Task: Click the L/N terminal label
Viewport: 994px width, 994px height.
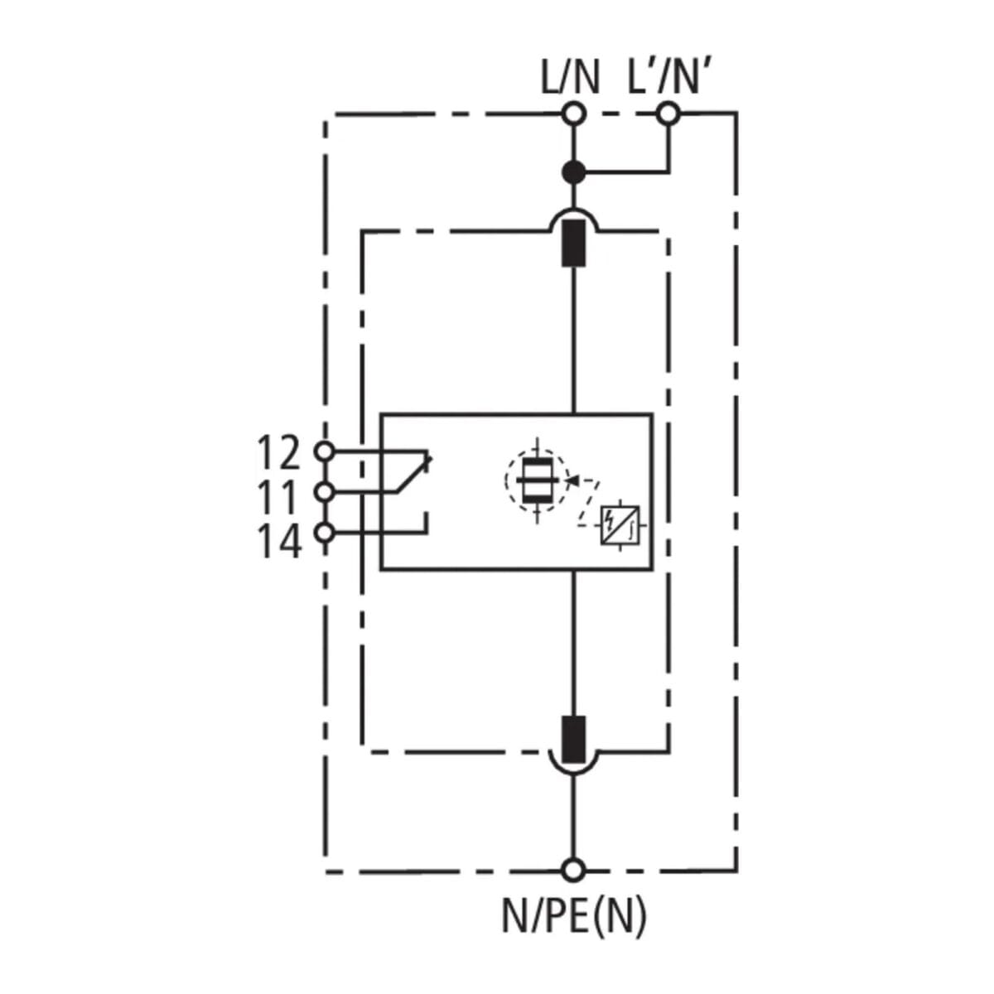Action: pos(570,78)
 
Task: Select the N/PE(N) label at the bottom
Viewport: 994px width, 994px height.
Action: pos(573,915)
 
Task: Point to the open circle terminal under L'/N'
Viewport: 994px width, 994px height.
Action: pos(668,113)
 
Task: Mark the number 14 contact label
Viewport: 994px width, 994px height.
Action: pos(278,543)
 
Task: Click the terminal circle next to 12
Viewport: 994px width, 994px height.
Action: pos(326,451)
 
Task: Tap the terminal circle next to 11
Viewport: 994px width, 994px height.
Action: pos(326,492)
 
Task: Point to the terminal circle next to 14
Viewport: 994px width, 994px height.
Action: pos(326,533)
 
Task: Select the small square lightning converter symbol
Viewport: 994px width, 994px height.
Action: pos(620,524)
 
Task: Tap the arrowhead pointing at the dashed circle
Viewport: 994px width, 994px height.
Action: pos(570,479)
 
